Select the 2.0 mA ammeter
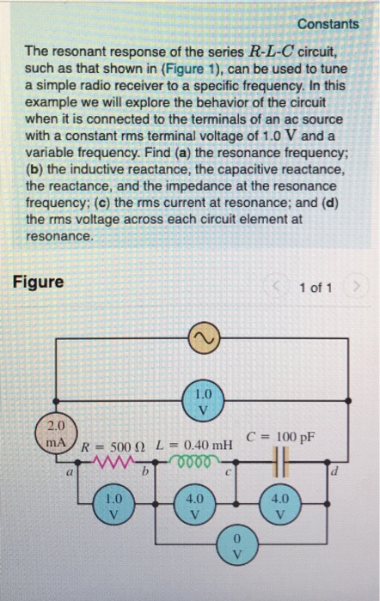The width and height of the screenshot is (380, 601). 54,432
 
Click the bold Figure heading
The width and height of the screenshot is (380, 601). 37,282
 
